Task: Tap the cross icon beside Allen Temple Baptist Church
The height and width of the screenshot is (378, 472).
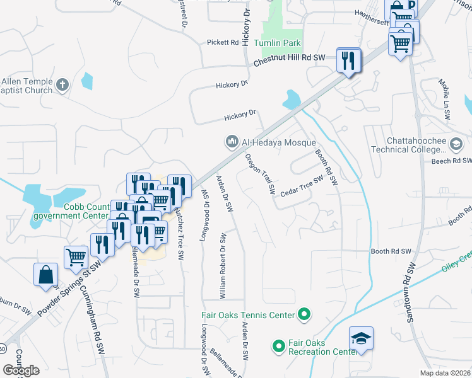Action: pos(62,85)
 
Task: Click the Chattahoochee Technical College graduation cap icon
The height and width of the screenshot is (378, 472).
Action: pos(455,145)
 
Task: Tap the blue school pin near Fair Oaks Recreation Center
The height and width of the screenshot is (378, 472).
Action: pos(361,338)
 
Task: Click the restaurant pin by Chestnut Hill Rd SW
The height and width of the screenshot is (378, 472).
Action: pos(348,60)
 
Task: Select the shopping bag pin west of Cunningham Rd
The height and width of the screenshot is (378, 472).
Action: pos(46,275)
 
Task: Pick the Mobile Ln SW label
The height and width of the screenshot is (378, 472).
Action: pos(446,100)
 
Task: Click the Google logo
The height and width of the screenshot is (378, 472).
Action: pos(21,370)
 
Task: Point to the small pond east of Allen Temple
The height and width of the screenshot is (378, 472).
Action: pos(86,81)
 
